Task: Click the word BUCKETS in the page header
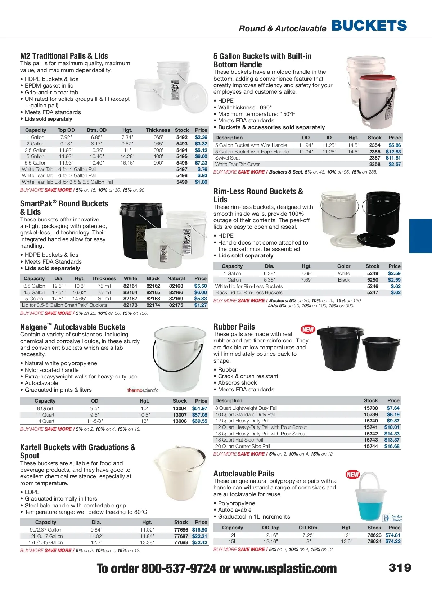(369, 26)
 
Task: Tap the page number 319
(400, 568)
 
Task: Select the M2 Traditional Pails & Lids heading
(64, 56)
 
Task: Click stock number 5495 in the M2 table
(182, 157)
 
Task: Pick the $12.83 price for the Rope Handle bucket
(393, 152)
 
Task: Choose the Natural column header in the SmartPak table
(176, 278)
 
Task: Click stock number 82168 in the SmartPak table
(153, 299)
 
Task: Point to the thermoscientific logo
(143, 390)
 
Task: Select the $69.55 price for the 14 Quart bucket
(199, 421)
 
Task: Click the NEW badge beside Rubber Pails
(308, 329)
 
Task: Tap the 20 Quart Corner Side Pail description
(242, 446)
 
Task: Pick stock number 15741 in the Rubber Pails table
(371, 427)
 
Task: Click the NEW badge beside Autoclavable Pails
(352, 474)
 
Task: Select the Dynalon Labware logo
(392, 518)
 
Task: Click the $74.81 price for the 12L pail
(393, 535)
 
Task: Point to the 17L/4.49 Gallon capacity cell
(46, 542)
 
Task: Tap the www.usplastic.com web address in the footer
(285, 569)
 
